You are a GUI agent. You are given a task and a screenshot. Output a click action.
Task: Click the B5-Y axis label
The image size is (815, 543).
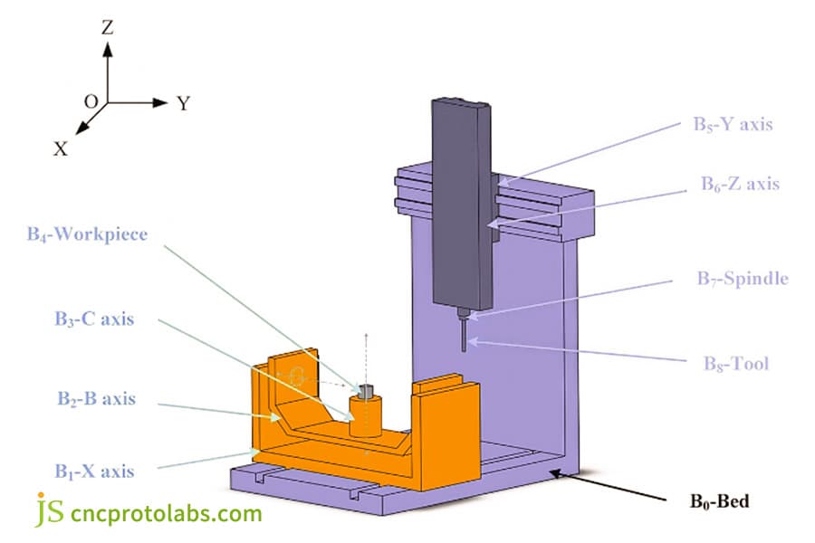tap(731, 124)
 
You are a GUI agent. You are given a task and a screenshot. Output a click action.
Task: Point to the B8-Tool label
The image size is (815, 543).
tap(736, 364)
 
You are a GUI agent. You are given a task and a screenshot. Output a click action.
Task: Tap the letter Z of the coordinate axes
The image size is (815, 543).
tap(107, 28)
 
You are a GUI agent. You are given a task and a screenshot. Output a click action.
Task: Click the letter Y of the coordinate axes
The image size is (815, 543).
tap(184, 103)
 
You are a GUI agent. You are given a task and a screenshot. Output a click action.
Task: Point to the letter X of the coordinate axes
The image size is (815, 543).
tap(60, 149)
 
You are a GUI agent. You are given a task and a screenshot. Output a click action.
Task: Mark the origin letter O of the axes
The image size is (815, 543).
tap(91, 102)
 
